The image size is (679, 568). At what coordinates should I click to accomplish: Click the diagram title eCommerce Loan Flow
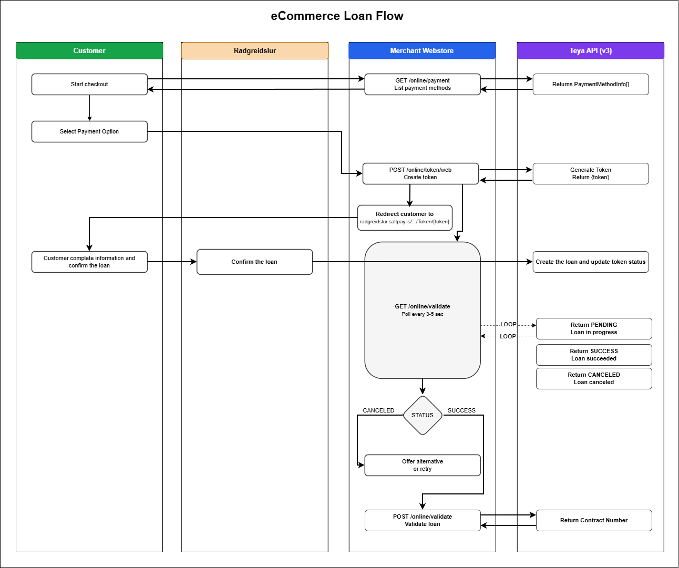337,16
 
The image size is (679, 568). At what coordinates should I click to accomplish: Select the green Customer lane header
89,51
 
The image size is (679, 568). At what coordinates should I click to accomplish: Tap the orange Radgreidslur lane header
255,51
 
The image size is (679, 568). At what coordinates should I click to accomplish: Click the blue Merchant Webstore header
422,51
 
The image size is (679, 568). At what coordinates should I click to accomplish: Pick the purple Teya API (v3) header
590,51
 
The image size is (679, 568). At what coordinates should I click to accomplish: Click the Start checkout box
89,84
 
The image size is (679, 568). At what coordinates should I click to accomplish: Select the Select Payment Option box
89,131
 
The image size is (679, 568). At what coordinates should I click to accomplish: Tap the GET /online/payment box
422,84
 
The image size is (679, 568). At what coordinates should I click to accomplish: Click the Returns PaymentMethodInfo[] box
590,84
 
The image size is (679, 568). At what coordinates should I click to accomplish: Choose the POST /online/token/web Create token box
420,173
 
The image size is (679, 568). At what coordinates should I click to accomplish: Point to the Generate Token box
590,173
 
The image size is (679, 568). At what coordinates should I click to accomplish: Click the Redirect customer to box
405,218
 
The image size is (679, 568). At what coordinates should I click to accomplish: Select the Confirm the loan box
254,262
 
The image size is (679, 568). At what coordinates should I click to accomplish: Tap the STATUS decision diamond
423,415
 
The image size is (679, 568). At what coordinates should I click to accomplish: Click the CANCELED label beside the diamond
378,410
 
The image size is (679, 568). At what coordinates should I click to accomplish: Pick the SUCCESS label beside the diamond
461,410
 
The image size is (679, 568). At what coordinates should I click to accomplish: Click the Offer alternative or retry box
422,465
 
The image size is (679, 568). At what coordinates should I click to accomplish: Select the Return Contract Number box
594,520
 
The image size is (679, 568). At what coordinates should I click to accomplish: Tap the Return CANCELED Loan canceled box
594,378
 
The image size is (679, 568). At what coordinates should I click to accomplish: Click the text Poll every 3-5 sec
423,314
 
